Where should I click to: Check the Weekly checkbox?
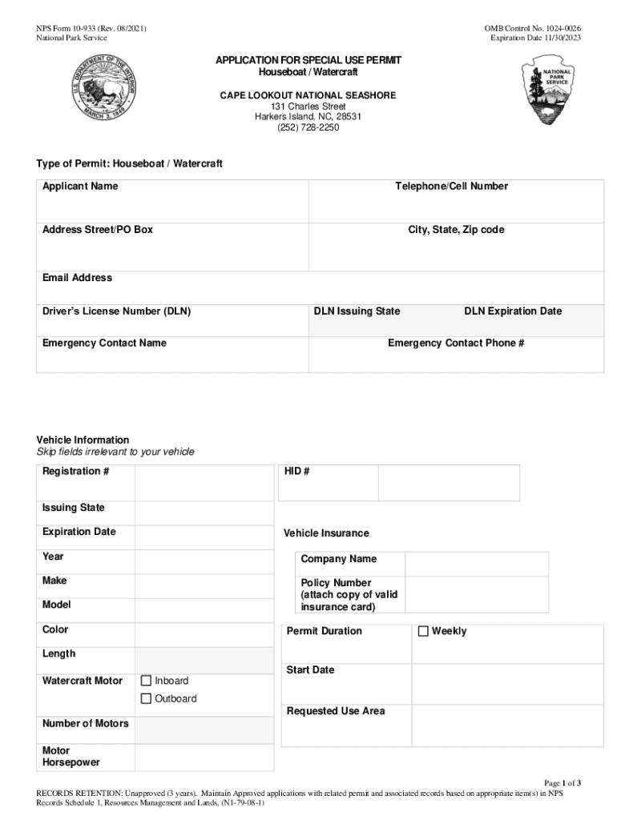pyautogui.click(x=424, y=631)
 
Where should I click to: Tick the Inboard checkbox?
pyautogui.click(x=146, y=681)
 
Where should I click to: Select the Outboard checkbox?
pyautogui.click(x=146, y=698)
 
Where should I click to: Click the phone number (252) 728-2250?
pyautogui.click(x=308, y=127)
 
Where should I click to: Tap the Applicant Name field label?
pyautogui.click(x=80, y=187)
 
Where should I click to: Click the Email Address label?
pyautogui.click(x=77, y=278)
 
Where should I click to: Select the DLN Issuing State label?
pyautogui.click(x=357, y=312)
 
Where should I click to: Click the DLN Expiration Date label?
pyautogui.click(x=513, y=312)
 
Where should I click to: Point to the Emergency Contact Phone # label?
pyautogui.click(x=456, y=344)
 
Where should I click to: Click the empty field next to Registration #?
pyautogui.click(x=204, y=483)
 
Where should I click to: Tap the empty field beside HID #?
pyautogui.click(x=448, y=483)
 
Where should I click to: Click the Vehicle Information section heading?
pyautogui.click(x=83, y=440)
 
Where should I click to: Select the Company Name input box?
pyautogui.click(x=476, y=564)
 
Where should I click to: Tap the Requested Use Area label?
pyautogui.click(x=336, y=711)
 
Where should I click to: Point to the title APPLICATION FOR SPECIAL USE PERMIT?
pyautogui.click(x=308, y=61)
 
